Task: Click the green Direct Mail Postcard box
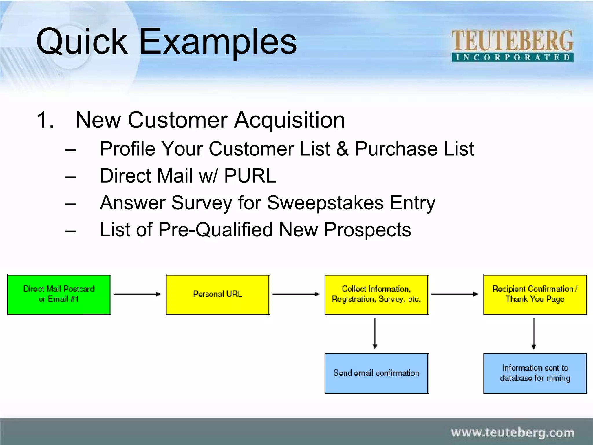click(59, 294)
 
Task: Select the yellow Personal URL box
click(217, 294)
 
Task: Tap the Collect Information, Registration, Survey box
click(376, 294)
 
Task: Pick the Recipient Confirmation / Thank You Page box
click(535, 294)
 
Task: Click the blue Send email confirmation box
click(376, 373)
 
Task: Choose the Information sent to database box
click(535, 373)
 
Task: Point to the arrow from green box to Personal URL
click(137, 294)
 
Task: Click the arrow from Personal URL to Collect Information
click(296, 294)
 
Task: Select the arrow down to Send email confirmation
click(375, 333)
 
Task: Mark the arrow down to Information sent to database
click(534, 333)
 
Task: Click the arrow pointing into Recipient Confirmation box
click(455, 294)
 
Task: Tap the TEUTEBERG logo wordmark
click(512, 41)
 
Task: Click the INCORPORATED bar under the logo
click(513, 57)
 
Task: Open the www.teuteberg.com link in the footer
click(513, 433)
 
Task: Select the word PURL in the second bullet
click(250, 176)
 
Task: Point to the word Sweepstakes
click(325, 203)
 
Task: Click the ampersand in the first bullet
click(343, 149)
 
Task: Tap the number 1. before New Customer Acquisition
click(45, 120)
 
